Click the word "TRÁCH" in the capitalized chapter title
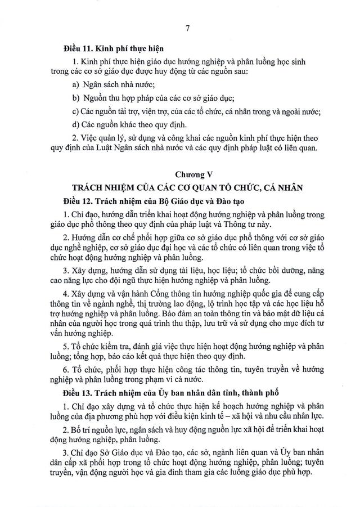89,188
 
